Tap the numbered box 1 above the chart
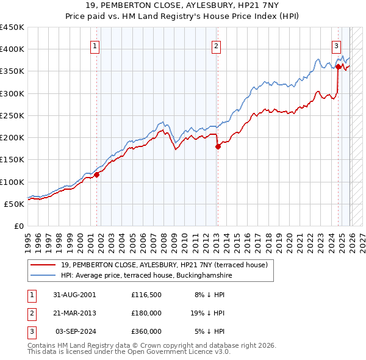point(96,45)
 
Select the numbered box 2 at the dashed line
point(216,45)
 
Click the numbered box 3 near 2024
point(336,45)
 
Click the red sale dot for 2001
point(96,175)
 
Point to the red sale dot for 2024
point(337,67)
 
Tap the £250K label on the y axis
point(12,115)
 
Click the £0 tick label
point(18,226)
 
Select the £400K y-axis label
point(12,49)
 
